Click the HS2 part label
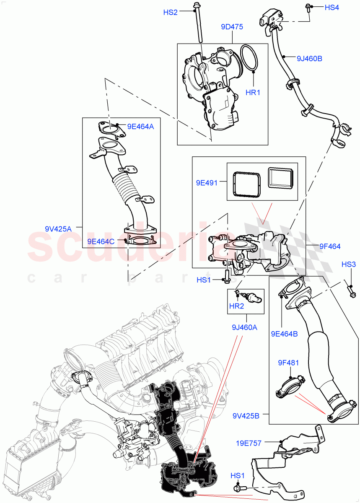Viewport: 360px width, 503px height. pyautogui.click(x=170, y=13)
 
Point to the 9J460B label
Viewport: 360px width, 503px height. pyautogui.click(x=309, y=59)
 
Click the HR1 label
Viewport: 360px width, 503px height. pyautogui.click(x=253, y=92)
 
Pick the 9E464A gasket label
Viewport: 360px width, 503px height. pyautogui.click(x=140, y=125)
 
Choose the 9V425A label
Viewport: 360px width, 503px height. pyautogui.click(x=58, y=229)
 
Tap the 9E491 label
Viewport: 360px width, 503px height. pyautogui.click(x=207, y=182)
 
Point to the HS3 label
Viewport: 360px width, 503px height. pyautogui.click(x=349, y=264)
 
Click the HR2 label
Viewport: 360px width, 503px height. pyautogui.click(x=236, y=306)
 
